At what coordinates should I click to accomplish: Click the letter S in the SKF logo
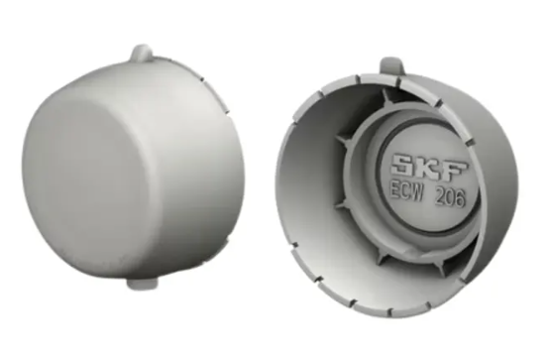(x=404, y=165)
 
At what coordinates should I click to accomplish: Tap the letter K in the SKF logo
(x=429, y=167)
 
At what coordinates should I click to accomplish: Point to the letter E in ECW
(x=395, y=191)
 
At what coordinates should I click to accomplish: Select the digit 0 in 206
(x=451, y=199)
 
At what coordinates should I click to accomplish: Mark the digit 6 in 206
(x=461, y=200)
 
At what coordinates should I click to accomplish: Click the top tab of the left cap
(x=142, y=53)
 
